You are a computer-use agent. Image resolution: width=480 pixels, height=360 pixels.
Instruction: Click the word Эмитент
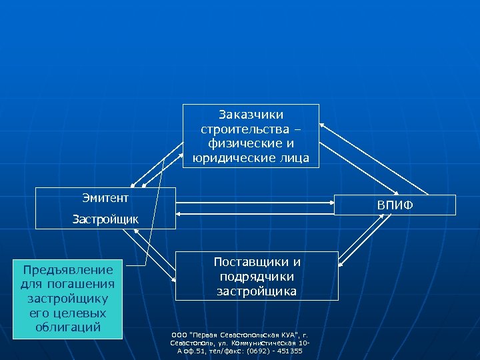tap(105, 197)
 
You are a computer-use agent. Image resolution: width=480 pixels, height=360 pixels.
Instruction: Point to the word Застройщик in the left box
tap(105, 218)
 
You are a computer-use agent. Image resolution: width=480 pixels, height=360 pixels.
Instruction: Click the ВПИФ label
tap(395, 205)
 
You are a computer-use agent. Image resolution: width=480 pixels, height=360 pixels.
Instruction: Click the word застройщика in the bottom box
tap(257, 291)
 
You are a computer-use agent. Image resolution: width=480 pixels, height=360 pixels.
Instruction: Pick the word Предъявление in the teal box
tap(68, 270)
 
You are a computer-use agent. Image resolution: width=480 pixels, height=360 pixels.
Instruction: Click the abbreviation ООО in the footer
tap(179, 335)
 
